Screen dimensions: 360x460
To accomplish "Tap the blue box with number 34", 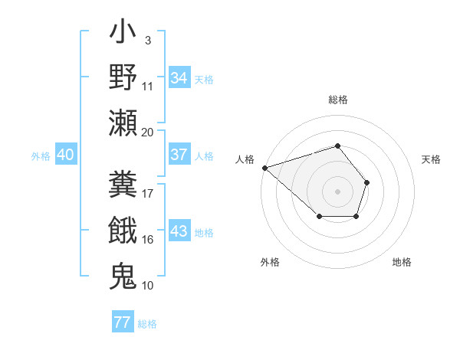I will point(179,78).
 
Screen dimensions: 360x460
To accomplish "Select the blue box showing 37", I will point(179,155).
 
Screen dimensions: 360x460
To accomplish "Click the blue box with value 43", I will point(179,232).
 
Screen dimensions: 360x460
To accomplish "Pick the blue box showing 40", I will point(65,155).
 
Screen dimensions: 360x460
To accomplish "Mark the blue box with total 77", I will point(122,322).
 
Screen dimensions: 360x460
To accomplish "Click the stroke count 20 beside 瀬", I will point(148,132).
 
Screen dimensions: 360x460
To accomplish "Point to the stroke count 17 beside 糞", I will point(148,193).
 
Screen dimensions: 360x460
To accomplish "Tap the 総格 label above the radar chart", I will point(338,100).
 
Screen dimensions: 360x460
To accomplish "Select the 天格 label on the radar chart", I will point(431,159).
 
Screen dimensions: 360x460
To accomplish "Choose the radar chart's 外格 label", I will point(270,262).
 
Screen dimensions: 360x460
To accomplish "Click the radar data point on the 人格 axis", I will point(264,167).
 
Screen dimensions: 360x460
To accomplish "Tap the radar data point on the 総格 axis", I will point(338,146).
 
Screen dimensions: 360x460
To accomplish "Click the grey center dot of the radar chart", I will point(338,191).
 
